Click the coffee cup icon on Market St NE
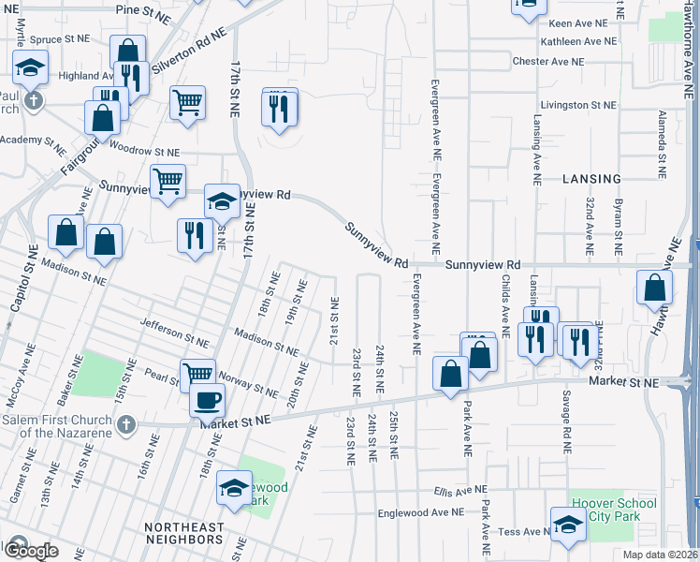(x=207, y=400)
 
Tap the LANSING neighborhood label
(x=591, y=179)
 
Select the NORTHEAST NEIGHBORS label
(x=184, y=527)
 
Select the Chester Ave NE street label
(x=547, y=61)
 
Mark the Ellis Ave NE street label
(x=460, y=490)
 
